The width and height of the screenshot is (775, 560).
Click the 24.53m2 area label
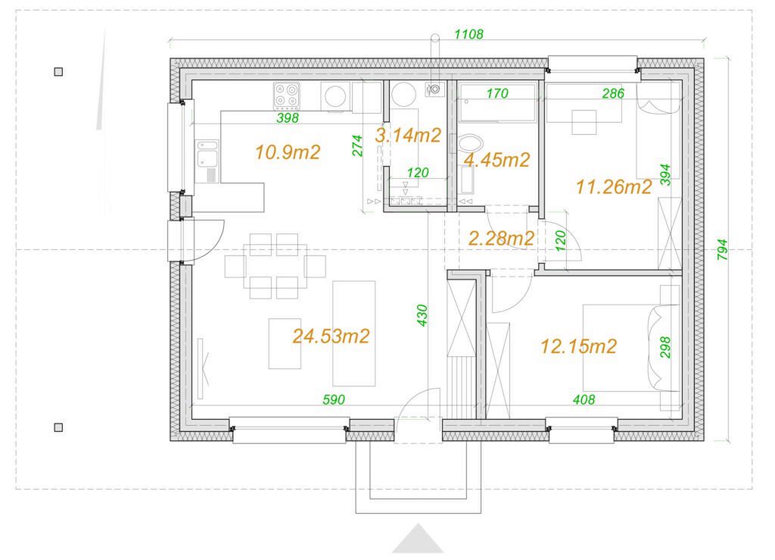[x=331, y=336]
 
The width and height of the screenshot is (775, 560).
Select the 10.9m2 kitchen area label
[x=288, y=152]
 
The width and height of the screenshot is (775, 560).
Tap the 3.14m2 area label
[x=408, y=135]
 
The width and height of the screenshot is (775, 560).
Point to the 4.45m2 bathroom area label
[x=496, y=159]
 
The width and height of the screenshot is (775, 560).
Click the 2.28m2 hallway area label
[x=501, y=239]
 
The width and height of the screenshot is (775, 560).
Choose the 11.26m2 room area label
[x=614, y=186]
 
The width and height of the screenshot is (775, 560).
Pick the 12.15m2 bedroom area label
[x=579, y=346]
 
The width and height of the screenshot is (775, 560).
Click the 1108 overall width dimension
[x=468, y=34]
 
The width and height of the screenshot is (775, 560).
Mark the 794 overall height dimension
[x=722, y=250]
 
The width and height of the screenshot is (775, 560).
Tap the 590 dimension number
[x=334, y=399]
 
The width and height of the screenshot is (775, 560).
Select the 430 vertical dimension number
[x=422, y=315]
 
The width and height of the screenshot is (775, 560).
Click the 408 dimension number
[x=584, y=399]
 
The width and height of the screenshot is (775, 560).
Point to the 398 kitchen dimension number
[x=288, y=117]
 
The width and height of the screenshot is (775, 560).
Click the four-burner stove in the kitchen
[x=287, y=95]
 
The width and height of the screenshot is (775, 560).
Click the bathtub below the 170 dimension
[x=497, y=102]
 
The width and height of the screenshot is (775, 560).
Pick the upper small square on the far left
[x=58, y=72]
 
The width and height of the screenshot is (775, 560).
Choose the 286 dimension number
[x=613, y=93]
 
